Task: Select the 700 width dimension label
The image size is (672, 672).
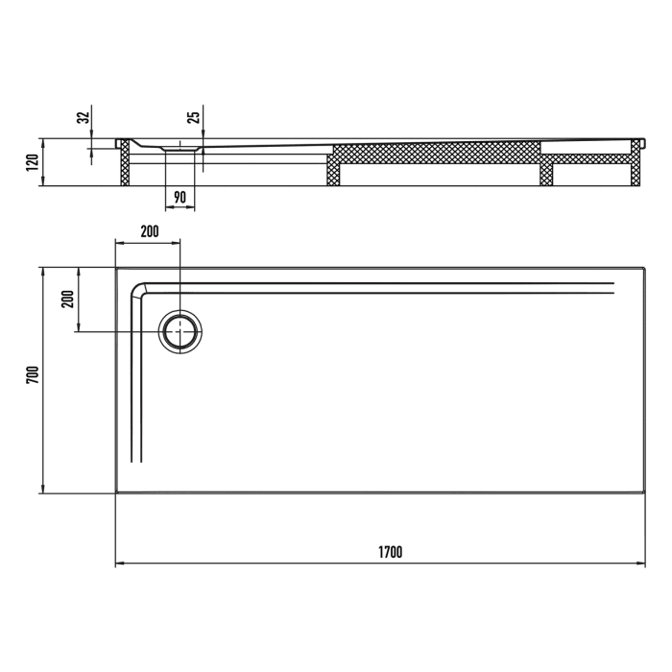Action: (x=32, y=374)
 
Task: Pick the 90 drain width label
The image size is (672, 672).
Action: (x=180, y=198)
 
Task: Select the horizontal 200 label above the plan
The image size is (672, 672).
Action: (x=149, y=231)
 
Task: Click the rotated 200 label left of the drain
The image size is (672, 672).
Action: (x=67, y=299)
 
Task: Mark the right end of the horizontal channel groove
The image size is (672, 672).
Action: (x=612, y=287)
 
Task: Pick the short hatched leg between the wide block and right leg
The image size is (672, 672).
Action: (x=546, y=170)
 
